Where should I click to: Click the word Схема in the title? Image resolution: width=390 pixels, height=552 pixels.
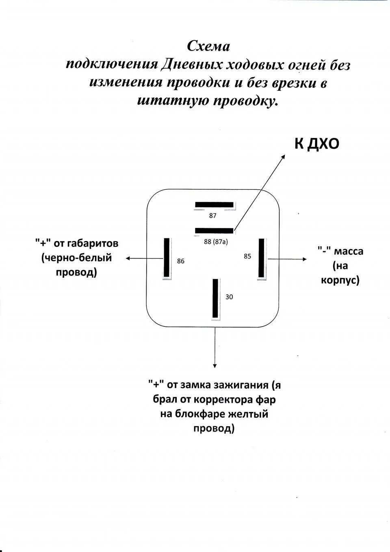tap(208, 46)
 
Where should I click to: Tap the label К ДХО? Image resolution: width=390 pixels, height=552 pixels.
tap(316, 143)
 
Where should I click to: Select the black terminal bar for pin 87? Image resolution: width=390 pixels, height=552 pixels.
tap(214, 204)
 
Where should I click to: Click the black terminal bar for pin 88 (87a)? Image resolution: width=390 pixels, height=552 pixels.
tap(214, 231)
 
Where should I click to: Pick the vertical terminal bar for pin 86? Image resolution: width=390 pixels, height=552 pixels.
tap(166, 258)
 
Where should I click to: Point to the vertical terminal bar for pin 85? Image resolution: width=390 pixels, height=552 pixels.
tap(261, 258)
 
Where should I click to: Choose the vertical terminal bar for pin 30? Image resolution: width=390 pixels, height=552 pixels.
tap(215, 298)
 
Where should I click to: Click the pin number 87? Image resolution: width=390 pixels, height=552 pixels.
tap(213, 216)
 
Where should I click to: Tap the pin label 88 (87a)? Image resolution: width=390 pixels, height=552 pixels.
tap(216, 242)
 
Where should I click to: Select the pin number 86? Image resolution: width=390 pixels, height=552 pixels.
tap(180, 261)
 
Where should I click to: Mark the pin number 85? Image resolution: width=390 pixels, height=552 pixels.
tap(247, 256)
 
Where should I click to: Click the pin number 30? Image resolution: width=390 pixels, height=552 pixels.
tap(229, 297)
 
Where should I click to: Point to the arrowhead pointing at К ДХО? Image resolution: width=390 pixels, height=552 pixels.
tap(284, 156)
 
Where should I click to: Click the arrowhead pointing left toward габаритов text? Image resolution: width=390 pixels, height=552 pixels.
tap(128, 258)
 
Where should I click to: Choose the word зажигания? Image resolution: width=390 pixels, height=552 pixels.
tap(244, 385)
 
